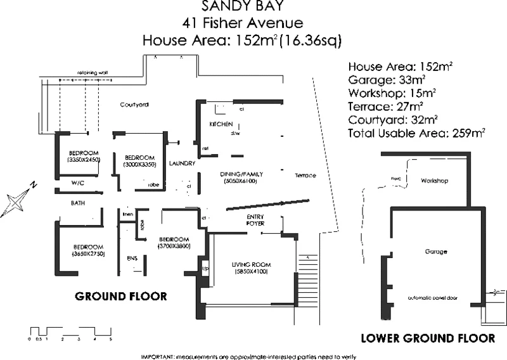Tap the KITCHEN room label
click(x=221, y=124)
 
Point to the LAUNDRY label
click(x=182, y=164)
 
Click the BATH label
click(x=78, y=203)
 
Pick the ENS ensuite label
click(x=132, y=258)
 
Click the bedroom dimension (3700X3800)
click(x=174, y=245)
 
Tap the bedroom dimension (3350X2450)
click(x=84, y=161)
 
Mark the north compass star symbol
click(x=17, y=202)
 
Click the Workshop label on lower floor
click(x=434, y=181)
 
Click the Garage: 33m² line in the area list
click(x=387, y=79)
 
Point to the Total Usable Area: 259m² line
click(x=416, y=133)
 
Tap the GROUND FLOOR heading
click(x=120, y=296)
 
